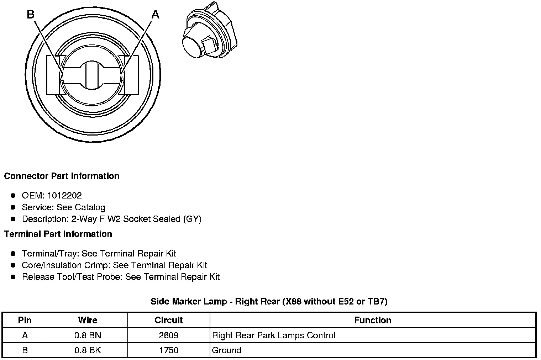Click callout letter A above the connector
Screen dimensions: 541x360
[156, 15]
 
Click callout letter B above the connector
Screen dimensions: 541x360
[31, 15]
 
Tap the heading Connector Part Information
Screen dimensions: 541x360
[62, 176]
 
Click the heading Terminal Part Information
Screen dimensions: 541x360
[58, 234]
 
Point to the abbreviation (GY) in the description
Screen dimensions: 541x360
[192, 219]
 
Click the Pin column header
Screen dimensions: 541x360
[25, 320]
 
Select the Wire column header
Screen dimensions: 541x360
[88, 320]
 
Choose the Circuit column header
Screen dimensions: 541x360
[169, 320]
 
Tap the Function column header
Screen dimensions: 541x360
[373, 320]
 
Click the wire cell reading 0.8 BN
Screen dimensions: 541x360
[88, 335]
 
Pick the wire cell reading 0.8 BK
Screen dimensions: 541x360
[88, 350]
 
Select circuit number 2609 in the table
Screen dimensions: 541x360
[169, 335]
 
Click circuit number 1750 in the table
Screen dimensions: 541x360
[169, 350]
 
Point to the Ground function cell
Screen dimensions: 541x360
[227, 350]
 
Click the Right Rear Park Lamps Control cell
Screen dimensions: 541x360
[274, 335]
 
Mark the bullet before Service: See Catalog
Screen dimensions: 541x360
[13, 207]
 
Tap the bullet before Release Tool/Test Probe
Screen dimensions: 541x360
[13, 277]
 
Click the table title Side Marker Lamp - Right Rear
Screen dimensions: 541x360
[269, 302]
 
